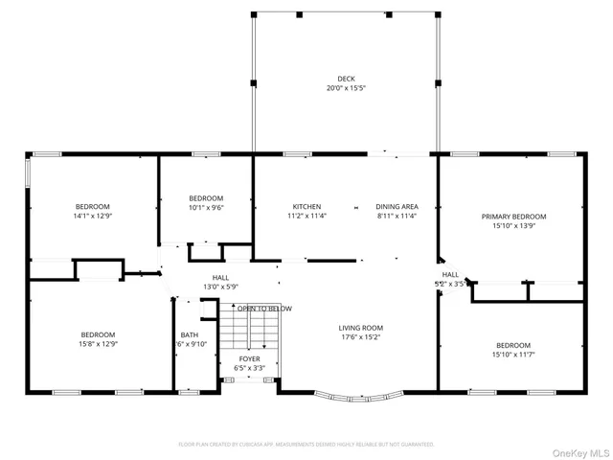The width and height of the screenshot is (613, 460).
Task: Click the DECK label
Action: [346, 79]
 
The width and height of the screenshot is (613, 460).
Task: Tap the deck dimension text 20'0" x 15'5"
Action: [346, 88]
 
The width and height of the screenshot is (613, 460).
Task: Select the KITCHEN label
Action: [306, 206]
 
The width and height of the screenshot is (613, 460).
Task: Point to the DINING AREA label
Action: [397, 206]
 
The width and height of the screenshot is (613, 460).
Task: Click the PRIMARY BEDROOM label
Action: [513, 217]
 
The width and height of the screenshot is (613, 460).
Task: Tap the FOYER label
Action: [249, 358]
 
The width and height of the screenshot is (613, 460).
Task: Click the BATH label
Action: [189, 335]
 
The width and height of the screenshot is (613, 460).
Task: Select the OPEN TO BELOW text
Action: [265, 309]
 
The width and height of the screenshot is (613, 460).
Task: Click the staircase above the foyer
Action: [249, 332]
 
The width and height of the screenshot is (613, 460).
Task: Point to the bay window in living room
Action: [358, 394]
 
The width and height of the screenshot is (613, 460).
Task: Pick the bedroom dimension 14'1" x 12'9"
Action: [93, 217]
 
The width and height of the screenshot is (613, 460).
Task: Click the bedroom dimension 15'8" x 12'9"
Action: [98, 344]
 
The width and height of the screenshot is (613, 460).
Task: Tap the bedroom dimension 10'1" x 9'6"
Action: [206, 207]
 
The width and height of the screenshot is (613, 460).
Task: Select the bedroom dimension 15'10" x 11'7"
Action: [513, 355]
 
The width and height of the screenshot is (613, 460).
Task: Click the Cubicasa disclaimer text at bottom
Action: [306, 444]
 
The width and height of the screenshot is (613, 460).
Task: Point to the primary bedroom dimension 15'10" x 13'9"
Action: [513, 226]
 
